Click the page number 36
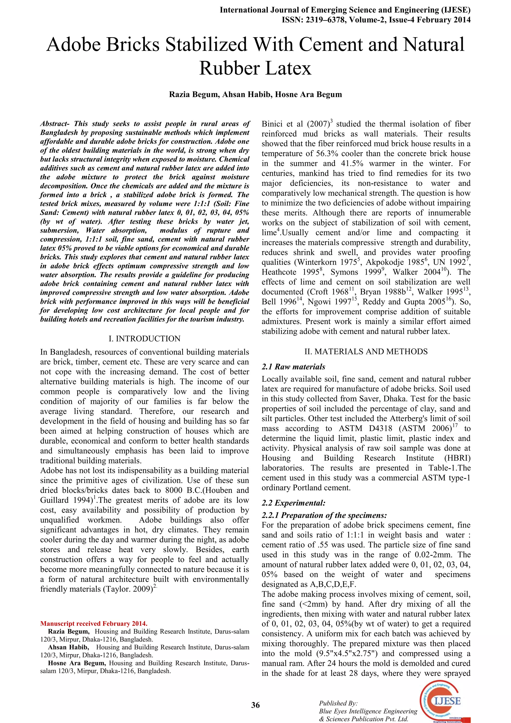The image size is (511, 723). pos(255,705)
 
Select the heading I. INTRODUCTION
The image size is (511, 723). pos(144,339)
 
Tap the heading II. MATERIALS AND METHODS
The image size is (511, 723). pos(366,352)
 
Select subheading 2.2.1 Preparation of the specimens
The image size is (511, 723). pos(324,515)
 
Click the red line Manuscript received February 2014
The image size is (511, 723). pos(94,623)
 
